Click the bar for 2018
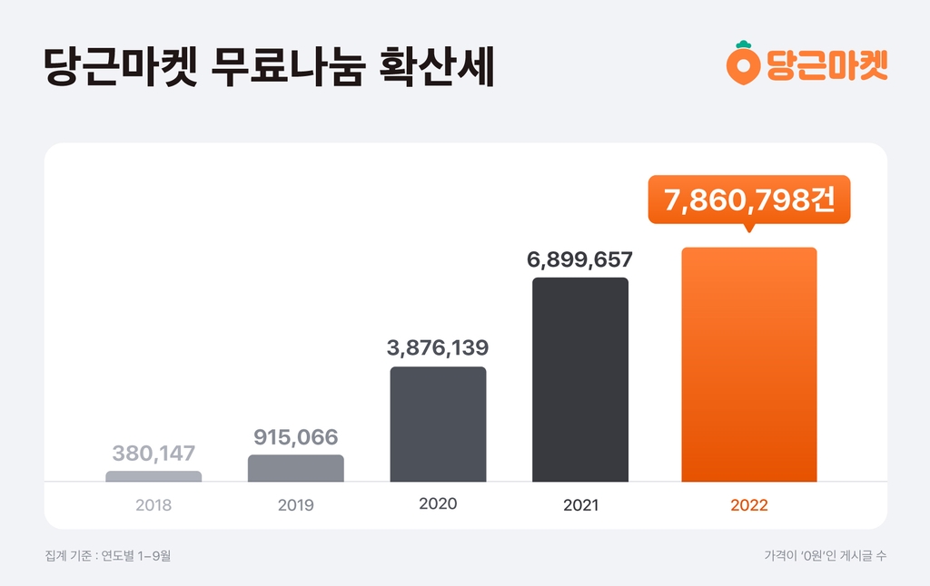click(153, 476)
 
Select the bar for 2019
click(295, 468)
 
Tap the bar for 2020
click(438, 425)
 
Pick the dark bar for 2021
click(579, 379)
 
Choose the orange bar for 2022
click(748, 365)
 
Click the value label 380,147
click(153, 453)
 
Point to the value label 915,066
click(295, 438)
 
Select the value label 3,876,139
click(438, 347)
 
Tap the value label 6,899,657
click(579, 259)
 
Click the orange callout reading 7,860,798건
click(748, 200)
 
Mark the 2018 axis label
click(153, 505)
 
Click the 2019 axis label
click(295, 505)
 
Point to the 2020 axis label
click(438, 503)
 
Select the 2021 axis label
click(580, 505)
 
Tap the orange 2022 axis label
click(748, 505)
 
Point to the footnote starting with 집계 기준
click(107, 555)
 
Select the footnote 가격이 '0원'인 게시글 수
click(826, 555)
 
